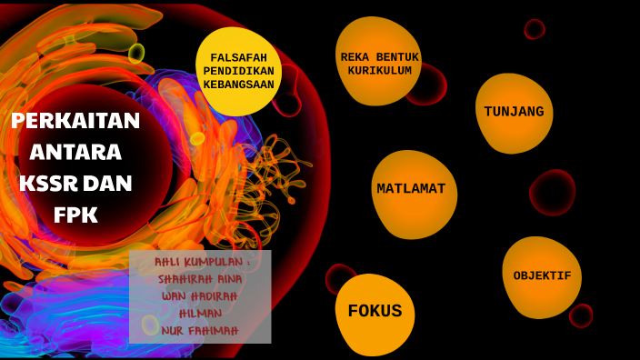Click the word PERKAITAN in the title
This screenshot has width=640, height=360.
(75, 121)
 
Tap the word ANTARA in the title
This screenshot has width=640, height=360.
(75, 152)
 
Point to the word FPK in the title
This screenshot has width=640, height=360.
(75, 215)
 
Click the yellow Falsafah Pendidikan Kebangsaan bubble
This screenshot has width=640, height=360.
(238, 71)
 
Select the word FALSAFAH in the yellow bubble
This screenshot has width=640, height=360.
(239, 57)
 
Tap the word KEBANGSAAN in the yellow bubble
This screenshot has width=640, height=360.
(239, 85)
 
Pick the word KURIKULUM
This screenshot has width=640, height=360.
(379, 71)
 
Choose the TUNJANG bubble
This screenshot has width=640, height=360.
(514, 113)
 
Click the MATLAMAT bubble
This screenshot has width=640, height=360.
(412, 190)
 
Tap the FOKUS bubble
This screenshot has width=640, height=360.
(375, 312)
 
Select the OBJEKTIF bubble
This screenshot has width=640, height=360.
(542, 276)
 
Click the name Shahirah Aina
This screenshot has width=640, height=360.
(199, 279)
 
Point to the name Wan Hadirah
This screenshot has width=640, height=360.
(199, 296)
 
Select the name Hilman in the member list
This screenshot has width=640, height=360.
(199, 314)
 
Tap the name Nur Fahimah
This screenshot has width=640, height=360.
(199, 331)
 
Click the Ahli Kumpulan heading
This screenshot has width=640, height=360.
(201, 263)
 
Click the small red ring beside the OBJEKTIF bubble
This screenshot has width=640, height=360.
(581, 315)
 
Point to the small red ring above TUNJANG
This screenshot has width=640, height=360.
(534, 29)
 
